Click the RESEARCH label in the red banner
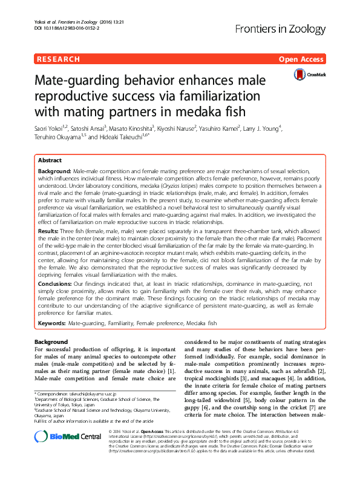(x=58, y=59)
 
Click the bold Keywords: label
(x=53, y=323)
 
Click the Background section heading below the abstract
(x=51, y=342)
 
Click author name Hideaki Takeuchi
(x=142, y=137)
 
